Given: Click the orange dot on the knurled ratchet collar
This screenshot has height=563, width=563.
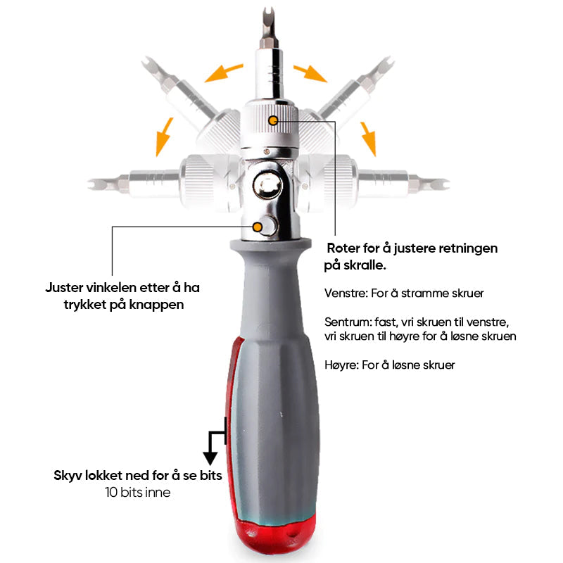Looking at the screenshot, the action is (273, 120).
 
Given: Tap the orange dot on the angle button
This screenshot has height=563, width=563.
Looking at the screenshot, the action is (257, 227).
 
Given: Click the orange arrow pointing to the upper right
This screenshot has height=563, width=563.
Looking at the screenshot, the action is (310, 73).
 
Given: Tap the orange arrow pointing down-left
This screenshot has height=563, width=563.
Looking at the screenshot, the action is (165, 137).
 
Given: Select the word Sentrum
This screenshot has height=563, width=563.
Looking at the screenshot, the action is (348, 322).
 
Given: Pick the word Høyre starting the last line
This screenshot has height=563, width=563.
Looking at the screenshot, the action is (341, 365).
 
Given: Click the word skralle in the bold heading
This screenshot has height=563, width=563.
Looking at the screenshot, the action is (365, 265).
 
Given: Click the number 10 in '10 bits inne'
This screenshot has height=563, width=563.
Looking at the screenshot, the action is (111, 492).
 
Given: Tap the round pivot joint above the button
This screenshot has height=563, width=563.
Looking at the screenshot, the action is (267, 186).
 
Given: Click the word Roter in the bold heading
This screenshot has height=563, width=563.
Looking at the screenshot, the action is (343, 248).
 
